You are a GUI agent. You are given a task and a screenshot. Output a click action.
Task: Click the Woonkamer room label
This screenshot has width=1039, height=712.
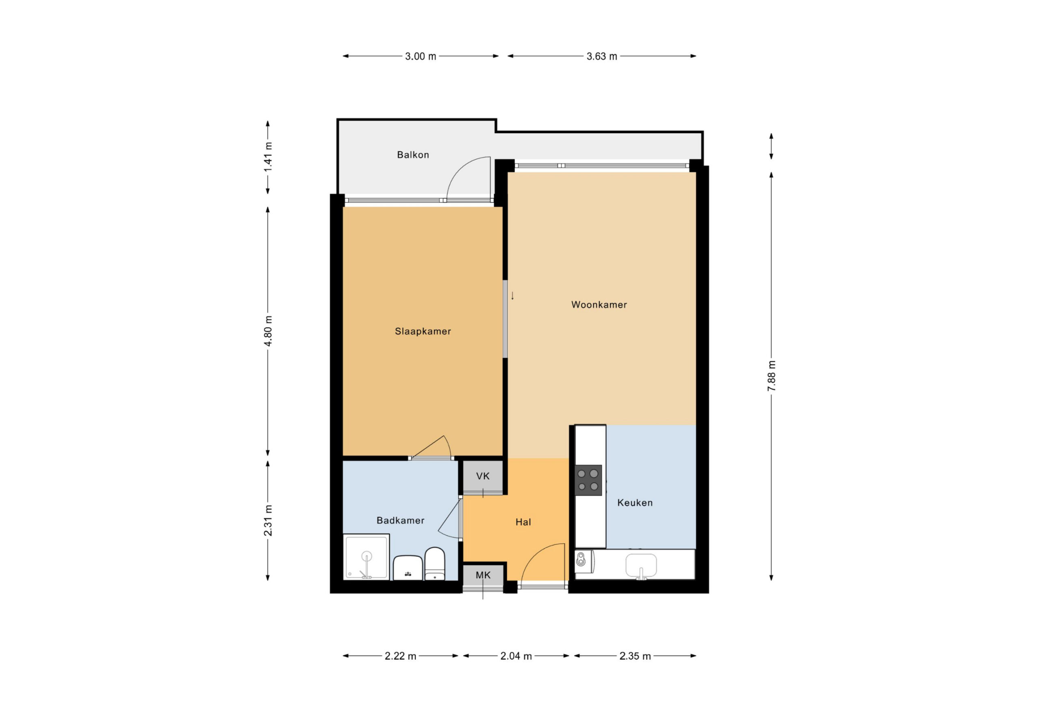[599, 305]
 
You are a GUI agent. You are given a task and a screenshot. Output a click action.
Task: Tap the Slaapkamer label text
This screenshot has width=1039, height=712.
[423, 331]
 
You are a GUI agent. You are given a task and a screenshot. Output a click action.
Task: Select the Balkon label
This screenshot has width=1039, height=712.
[413, 155]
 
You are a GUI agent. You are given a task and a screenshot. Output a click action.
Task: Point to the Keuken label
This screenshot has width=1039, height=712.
[635, 503]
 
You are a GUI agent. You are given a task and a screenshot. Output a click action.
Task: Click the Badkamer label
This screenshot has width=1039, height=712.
[401, 520]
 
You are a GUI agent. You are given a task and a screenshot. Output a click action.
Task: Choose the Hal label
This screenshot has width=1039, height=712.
[523, 522]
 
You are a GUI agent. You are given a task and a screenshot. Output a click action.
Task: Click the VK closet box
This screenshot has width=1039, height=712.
[483, 476]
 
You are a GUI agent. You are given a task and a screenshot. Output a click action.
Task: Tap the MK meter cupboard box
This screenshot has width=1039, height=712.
[483, 576]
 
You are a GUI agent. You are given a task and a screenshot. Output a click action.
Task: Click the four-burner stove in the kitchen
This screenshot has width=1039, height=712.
[588, 480]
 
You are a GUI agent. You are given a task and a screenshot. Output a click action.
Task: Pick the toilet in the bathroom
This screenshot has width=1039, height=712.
[435, 564]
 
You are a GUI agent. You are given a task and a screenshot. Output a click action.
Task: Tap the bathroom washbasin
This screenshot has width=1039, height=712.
[408, 568]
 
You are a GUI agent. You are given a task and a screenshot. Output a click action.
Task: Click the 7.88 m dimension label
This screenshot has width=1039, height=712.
[772, 376]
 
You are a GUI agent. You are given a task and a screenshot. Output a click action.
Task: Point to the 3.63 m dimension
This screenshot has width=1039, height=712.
[602, 56]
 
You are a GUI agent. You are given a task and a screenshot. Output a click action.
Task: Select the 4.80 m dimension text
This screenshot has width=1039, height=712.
[268, 331]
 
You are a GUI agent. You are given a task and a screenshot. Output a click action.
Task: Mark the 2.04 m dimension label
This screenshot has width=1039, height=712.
[516, 656]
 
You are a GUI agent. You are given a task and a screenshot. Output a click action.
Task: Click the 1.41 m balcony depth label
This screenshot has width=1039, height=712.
[268, 157]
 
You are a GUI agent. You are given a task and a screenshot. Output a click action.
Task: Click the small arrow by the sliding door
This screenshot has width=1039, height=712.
[512, 295]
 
